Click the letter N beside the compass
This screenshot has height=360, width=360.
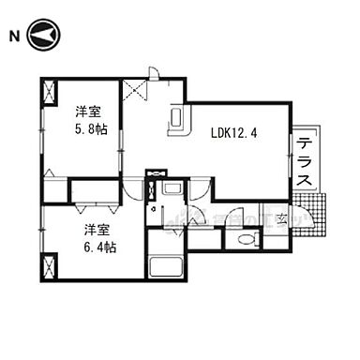[14, 37]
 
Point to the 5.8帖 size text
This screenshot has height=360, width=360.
[92, 128]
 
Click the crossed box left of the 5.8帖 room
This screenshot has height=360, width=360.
[49, 94]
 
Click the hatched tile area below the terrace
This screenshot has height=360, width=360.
[317, 214]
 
